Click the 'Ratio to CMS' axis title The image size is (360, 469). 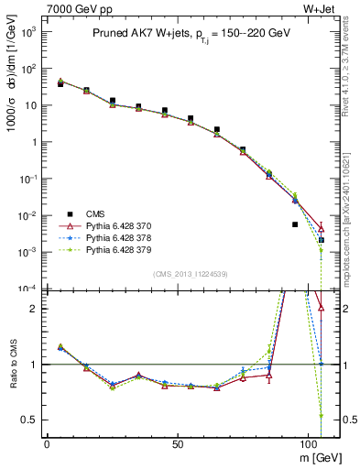pos(12,365)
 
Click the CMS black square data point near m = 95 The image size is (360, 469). pos(295,224)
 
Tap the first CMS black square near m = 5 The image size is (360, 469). pos(60,83)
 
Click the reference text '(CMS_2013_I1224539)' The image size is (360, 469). pos(191,273)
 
